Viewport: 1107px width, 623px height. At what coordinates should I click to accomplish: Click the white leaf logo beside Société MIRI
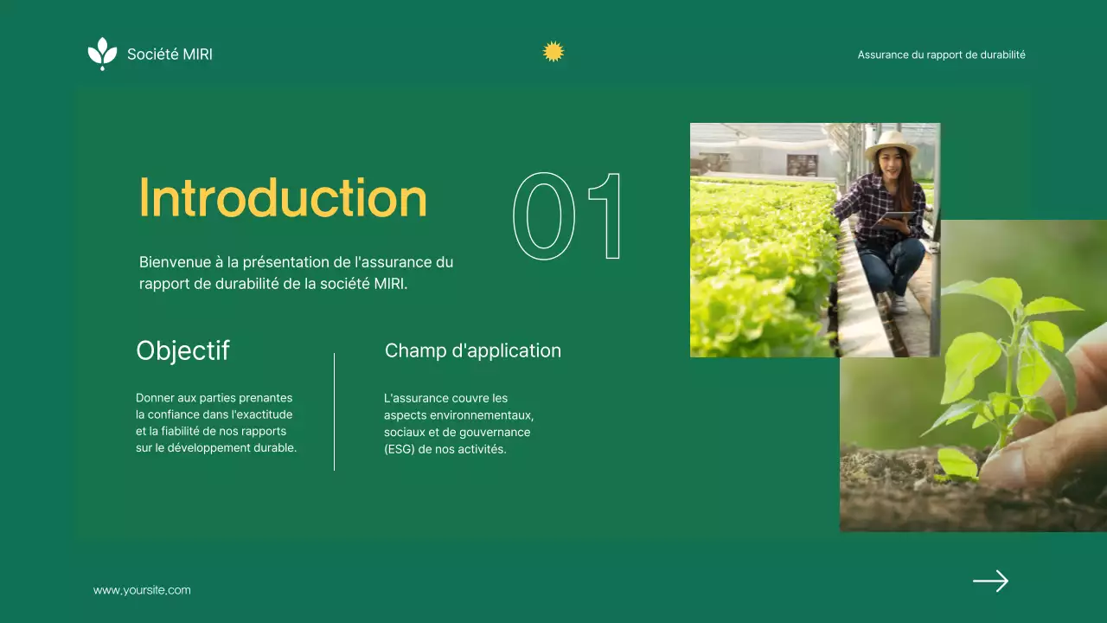(102, 53)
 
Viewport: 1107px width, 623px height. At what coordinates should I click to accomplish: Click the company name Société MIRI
(170, 55)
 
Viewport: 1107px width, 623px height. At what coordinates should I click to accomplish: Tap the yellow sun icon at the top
(553, 52)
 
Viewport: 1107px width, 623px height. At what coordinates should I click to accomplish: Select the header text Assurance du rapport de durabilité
(941, 55)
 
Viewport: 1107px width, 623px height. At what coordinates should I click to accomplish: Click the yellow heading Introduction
(283, 198)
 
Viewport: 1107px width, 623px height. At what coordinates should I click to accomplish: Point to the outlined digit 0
(544, 216)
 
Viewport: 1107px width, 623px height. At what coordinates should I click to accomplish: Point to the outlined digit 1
(605, 216)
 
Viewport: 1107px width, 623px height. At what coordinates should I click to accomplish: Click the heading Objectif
(182, 350)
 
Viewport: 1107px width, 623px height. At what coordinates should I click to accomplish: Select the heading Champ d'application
(472, 350)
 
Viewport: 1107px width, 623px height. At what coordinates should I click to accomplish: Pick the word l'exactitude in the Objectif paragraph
(260, 414)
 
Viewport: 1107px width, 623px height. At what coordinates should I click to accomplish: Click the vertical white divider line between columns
(334, 411)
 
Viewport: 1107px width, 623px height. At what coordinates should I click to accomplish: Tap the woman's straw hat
(891, 143)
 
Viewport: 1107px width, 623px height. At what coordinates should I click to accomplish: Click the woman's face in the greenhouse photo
(891, 161)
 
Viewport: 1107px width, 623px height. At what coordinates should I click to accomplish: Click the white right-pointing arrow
(990, 581)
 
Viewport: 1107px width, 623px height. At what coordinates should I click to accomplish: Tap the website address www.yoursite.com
(142, 590)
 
